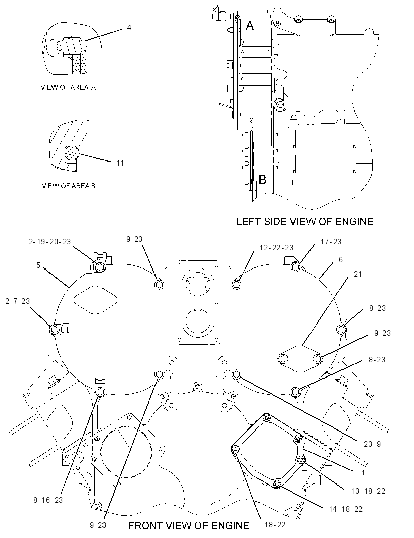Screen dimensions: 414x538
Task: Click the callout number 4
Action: tap(129, 27)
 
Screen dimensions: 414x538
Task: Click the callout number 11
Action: tap(120, 163)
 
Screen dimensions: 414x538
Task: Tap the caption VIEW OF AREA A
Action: tap(68, 87)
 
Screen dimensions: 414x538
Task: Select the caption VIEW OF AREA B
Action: tap(69, 186)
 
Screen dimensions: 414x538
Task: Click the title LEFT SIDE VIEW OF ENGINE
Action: tap(305, 222)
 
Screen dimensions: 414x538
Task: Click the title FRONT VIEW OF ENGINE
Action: tap(189, 525)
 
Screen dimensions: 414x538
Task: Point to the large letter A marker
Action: tap(250, 25)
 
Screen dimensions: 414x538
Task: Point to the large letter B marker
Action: tap(262, 180)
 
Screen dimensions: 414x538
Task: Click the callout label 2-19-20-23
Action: tap(50, 242)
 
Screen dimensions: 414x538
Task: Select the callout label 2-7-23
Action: tap(18, 301)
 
